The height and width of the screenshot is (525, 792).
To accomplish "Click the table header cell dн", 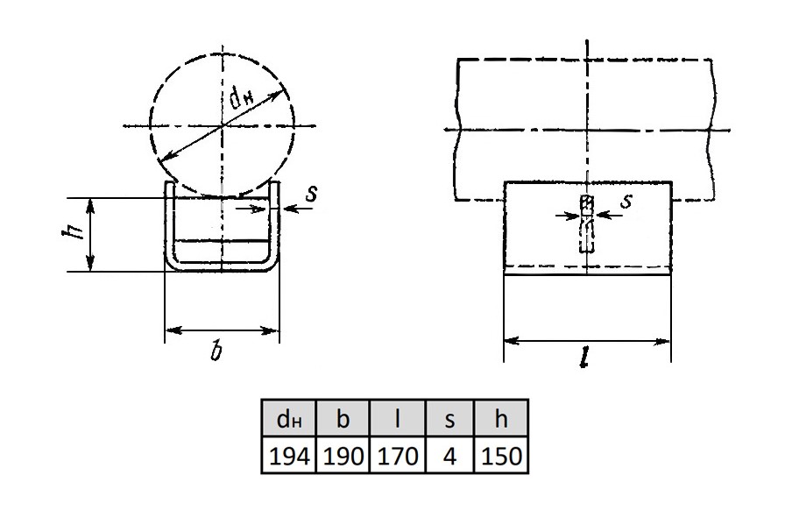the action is tap(288, 418).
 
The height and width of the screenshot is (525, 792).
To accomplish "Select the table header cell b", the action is tap(343, 418).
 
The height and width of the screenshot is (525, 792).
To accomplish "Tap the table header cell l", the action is tap(398, 418).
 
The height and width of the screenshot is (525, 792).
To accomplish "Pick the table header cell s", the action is tap(449, 418).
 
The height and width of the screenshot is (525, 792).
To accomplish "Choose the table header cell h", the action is tap(500, 418).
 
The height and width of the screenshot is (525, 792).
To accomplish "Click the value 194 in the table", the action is tap(289, 456).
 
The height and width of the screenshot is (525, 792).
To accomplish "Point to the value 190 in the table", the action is tap(343, 456).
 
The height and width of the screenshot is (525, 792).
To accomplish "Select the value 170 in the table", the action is tap(398, 456).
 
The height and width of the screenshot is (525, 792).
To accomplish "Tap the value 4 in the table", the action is tap(449, 456).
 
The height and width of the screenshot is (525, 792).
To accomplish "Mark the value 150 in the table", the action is tap(501, 456).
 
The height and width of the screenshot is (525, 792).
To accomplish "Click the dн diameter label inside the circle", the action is tap(242, 97).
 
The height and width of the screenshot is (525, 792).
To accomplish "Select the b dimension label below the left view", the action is tap(216, 351).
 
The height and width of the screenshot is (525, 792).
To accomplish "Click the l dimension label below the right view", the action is tap(585, 358).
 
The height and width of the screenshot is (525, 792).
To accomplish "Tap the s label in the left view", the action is tap(312, 193).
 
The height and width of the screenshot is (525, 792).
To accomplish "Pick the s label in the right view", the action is tap(626, 201).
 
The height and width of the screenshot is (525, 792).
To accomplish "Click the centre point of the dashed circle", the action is tap(222, 125).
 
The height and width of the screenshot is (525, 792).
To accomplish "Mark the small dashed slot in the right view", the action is tap(586, 223).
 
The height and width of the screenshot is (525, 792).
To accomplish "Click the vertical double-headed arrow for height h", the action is tap(90, 235).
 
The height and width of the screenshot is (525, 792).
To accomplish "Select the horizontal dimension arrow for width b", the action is tap(222, 331).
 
